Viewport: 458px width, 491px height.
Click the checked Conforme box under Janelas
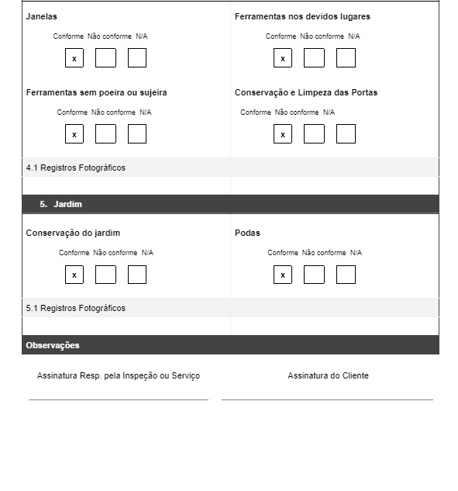tap(74, 58)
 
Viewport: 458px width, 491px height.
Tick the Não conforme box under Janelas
tap(105, 58)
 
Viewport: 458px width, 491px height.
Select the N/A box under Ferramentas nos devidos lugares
tap(346, 58)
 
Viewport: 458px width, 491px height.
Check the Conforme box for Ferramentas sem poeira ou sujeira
tap(74, 134)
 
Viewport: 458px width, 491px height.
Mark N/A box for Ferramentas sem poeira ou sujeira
tap(137, 134)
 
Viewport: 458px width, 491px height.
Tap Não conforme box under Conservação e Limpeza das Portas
tap(314, 134)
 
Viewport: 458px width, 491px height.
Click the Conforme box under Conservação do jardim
tap(74, 275)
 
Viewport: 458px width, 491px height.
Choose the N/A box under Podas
tap(346, 275)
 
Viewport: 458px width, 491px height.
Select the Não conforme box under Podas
tap(314, 275)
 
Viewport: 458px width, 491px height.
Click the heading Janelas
tap(42, 16)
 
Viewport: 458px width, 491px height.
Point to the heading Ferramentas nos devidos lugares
tap(302, 16)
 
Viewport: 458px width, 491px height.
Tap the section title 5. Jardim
tap(60, 204)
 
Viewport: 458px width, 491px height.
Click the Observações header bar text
tap(53, 345)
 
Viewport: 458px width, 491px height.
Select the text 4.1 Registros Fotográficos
tap(76, 168)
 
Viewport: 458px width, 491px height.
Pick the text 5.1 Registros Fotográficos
tap(76, 308)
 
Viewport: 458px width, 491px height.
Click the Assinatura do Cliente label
tap(328, 375)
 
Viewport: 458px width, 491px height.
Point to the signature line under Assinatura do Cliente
tap(327, 399)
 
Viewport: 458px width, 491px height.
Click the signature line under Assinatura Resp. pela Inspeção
tap(119, 399)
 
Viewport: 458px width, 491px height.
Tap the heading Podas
tap(247, 233)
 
